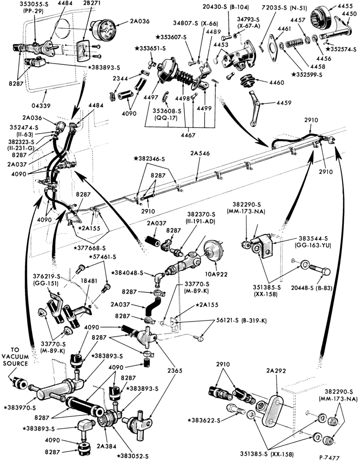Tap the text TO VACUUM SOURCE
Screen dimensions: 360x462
[15, 357]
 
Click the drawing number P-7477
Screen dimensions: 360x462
[329, 457]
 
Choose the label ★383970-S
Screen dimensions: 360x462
[20, 408]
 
